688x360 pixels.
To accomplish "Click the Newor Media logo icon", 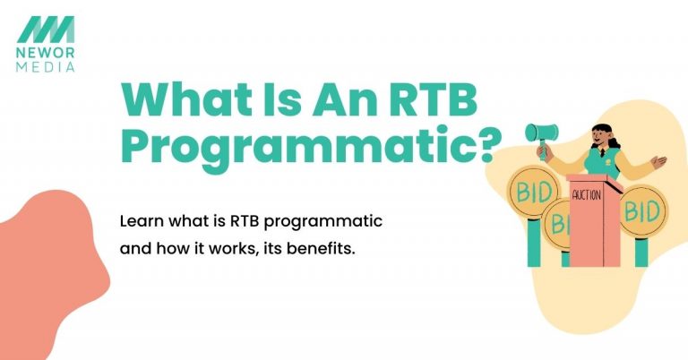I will click(46, 28).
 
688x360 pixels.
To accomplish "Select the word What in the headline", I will click(171, 100).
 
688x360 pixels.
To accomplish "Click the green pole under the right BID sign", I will click(641, 252).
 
